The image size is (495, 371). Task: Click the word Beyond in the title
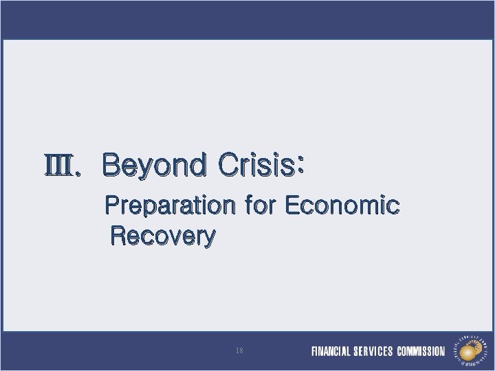(x=154, y=166)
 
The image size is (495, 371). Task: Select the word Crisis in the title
(x=254, y=166)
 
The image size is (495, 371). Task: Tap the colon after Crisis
(x=300, y=166)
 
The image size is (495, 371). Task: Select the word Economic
(x=342, y=205)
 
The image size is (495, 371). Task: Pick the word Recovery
(x=163, y=237)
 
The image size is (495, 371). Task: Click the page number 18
(x=239, y=350)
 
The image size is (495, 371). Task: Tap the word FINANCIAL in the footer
(x=331, y=352)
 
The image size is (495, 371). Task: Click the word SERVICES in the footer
(x=373, y=352)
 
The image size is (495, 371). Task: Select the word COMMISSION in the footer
(x=421, y=352)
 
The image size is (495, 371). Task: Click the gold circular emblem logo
(x=469, y=350)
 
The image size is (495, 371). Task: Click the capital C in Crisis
(x=228, y=166)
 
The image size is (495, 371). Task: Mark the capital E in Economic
(x=291, y=205)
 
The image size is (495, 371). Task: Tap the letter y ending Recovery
(x=209, y=239)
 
